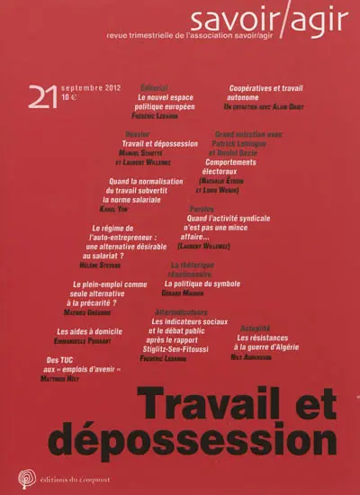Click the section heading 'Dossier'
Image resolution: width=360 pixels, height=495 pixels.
pyautogui.click(x=136, y=132)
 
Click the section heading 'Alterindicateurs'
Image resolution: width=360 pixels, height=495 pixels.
pyautogui.click(x=180, y=310)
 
